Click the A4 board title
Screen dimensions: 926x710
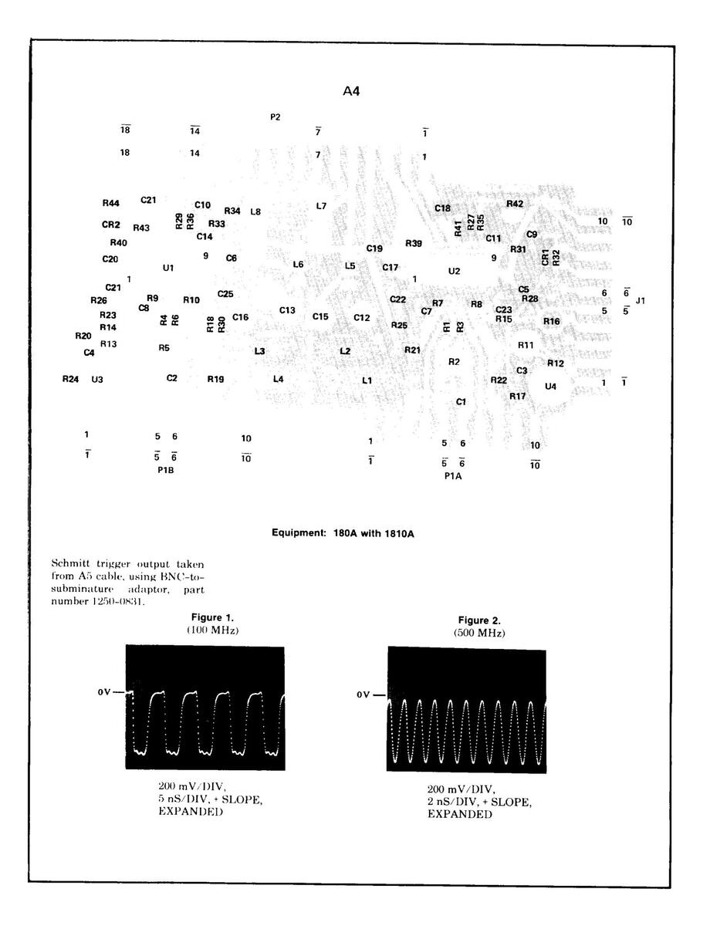[x=351, y=91]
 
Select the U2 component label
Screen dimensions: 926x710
[x=454, y=271]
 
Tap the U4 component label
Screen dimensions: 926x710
[x=550, y=386]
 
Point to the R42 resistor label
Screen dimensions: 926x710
[x=515, y=204]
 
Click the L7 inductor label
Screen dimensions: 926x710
[x=322, y=206]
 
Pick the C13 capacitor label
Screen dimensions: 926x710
[x=287, y=310]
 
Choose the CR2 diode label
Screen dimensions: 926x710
[x=111, y=225]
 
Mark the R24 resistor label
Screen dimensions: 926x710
[x=70, y=379]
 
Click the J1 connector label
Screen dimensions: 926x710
[x=641, y=300]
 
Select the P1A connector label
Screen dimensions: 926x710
[x=453, y=476]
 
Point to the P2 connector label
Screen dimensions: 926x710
[x=276, y=117]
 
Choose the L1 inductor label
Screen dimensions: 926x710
[x=367, y=380]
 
